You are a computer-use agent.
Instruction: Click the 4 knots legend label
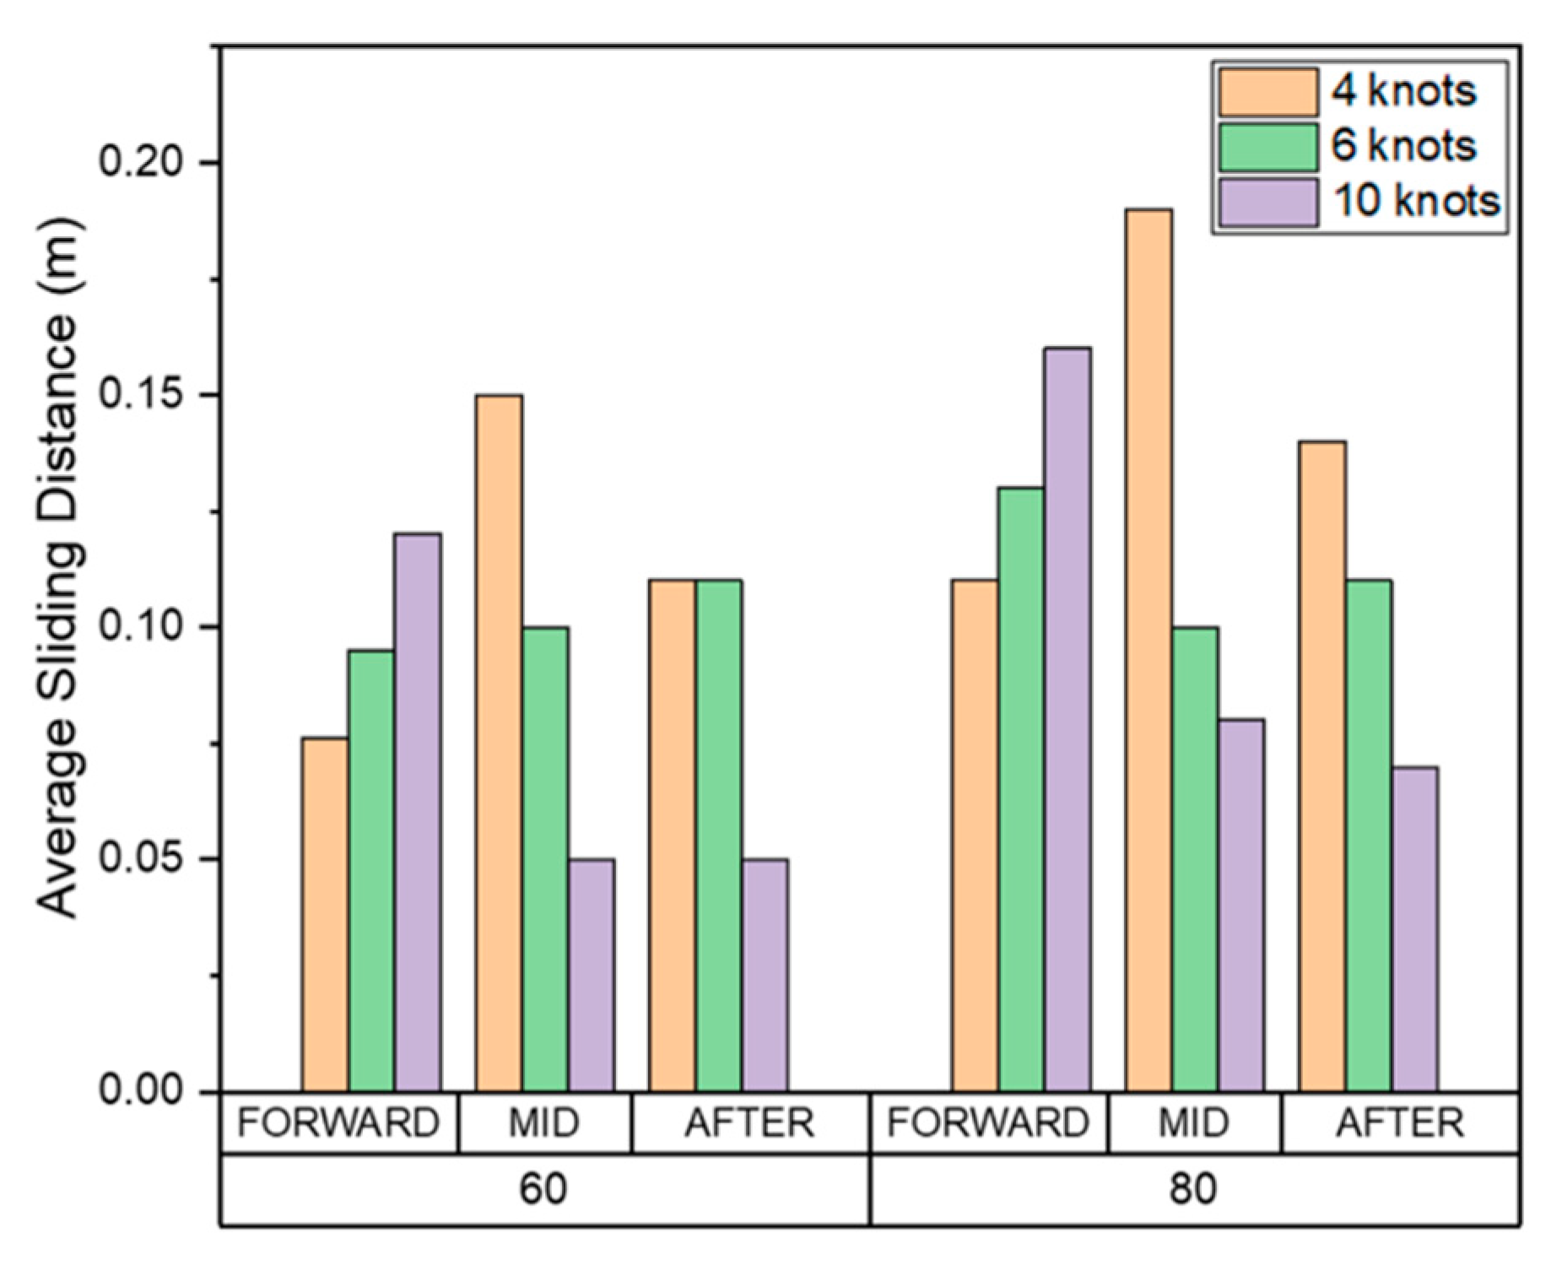click(x=1403, y=91)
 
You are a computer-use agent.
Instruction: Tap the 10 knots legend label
click(x=1415, y=201)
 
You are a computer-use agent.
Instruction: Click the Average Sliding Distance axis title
click(x=61, y=567)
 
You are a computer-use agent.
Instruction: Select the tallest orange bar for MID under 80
click(x=1149, y=650)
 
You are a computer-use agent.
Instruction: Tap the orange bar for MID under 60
click(x=498, y=743)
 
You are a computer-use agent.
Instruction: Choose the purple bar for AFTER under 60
click(x=765, y=975)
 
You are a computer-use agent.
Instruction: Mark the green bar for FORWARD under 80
click(x=1020, y=789)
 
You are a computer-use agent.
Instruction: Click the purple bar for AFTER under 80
click(x=1415, y=928)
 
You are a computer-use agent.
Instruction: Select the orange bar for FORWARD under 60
click(x=325, y=914)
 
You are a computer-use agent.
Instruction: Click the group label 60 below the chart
click(x=543, y=1189)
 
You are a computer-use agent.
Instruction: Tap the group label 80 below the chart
click(x=1192, y=1189)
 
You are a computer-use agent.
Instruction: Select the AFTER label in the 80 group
click(x=1399, y=1123)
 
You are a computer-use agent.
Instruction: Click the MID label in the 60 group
click(x=543, y=1123)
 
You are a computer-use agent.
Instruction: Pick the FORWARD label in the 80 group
click(x=988, y=1123)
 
